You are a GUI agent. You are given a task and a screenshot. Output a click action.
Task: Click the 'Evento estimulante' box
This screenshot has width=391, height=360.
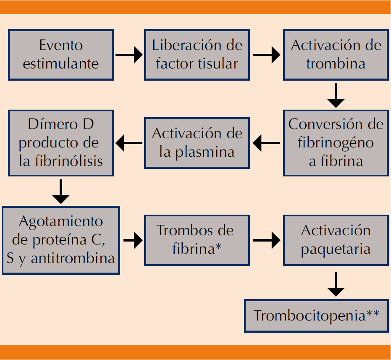pyautogui.click(x=61, y=55)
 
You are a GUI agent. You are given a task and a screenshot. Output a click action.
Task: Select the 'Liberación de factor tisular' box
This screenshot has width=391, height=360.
pyautogui.click(x=197, y=55)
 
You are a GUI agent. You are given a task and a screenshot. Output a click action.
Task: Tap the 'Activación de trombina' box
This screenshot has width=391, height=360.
pyautogui.click(x=336, y=55)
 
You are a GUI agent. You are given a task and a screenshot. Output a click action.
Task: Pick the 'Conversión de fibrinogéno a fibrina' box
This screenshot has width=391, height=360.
pyautogui.click(x=336, y=143)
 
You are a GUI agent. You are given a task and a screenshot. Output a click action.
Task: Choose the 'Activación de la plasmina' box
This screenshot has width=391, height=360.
pyautogui.click(x=197, y=143)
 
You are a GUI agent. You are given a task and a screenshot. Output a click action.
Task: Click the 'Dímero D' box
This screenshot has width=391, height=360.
pyautogui.click(x=61, y=143)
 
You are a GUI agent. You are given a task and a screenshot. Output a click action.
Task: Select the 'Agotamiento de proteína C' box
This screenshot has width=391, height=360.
pyautogui.click(x=61, y=240)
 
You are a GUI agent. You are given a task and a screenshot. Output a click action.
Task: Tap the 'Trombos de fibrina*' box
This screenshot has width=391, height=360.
pyautogui.click(x=197, y=240)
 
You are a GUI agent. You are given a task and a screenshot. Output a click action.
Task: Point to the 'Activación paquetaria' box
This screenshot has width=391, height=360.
pyautogui.click(x=336, y=240)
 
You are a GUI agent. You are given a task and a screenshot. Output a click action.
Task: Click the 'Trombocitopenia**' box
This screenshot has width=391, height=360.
pyautogui.click(x=316, y=315)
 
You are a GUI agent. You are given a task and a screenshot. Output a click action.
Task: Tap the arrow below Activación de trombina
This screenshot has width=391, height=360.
pyautogui.click(x=336, y=95)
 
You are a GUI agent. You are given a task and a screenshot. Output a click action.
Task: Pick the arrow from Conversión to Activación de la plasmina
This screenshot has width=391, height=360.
pyautogui.click(x=266, y=143)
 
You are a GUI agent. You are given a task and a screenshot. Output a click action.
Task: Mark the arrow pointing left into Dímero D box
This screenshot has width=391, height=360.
pyautogui.click(x=129, y=143)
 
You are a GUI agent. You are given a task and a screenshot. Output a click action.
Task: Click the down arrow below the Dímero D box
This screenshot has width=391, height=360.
pyautogui.click(x=61, y=192)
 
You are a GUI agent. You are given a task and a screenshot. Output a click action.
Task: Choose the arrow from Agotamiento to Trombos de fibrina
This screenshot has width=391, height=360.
pyautogui.click(x=133, y=241)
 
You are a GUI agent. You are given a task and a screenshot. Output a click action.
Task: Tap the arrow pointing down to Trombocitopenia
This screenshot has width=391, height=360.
pyautogui.click(x=336, y=284)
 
